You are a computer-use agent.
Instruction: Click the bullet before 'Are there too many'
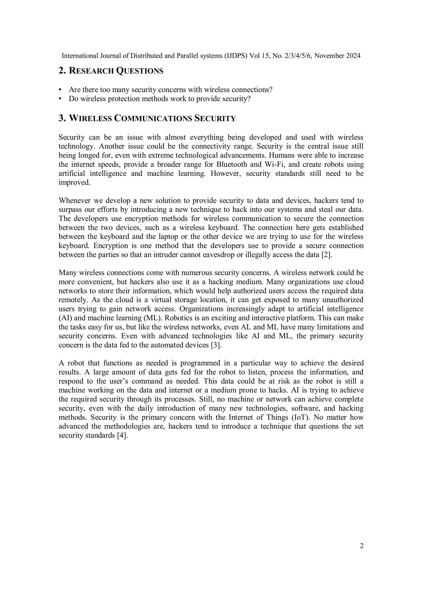pos(60,90)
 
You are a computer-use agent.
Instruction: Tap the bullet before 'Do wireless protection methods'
pos(60,99)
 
